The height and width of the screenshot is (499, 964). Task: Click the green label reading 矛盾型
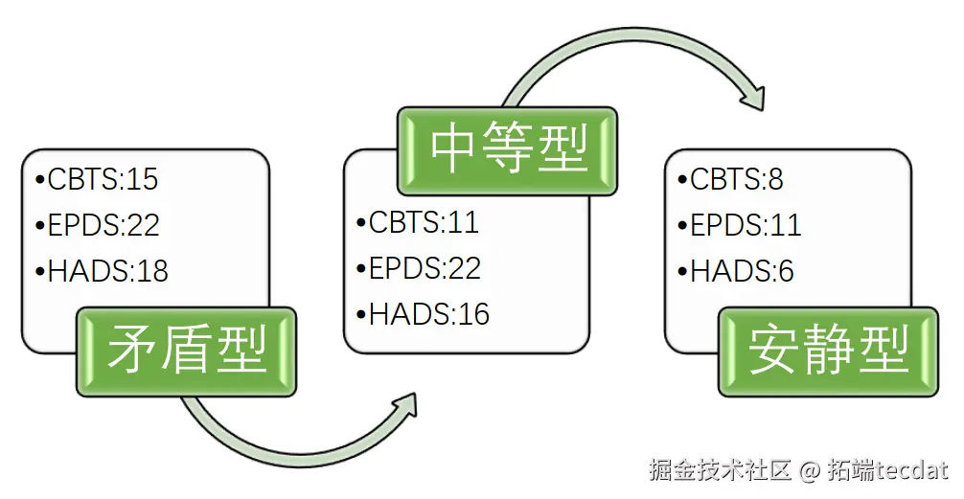pyautogui.click(x=187, y=352)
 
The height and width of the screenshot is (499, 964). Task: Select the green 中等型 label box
pyautogui.click(x=508, y=150)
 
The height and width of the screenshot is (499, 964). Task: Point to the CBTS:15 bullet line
pyautogui.click(x=96, y=179)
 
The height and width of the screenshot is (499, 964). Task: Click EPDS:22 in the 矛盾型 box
pyautogui.click(x=97, y=225)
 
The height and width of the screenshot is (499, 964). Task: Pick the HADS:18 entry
pyautogui.click(x=102, y=271)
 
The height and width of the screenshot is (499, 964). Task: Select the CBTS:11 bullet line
pyautogui.click(x=417, y=222)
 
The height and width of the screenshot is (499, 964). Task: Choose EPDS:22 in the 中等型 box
pyautogui.click(x=418, y=268)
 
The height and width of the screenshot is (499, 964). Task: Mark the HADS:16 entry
pyautogui.click(x=423, y=314)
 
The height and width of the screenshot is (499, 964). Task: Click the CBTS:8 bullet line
pyautogui.click(x=730, y=179)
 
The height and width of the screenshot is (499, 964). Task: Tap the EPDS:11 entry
pyautogui.click(x=739, y=225)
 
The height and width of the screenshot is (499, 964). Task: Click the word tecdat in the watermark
pyautogui.click(x=910, y=470)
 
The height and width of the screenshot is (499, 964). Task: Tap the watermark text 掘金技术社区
pyautogui.click(x=719, y=470)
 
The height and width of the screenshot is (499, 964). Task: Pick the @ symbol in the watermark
pyautogui.click(x=810, y=470)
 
